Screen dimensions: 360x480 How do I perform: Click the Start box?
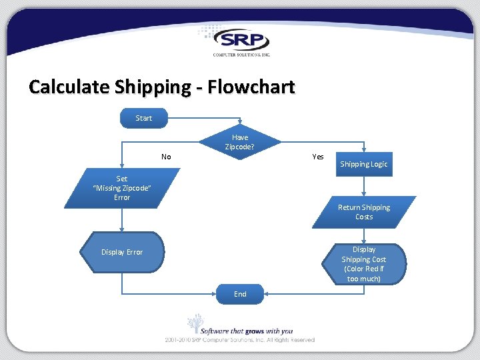tap(143, 118)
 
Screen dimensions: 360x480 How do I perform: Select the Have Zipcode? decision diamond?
tap(240, 142)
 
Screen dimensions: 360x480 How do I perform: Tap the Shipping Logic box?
tap(363, 164)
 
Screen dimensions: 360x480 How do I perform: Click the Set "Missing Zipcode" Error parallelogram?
tap(123, 188)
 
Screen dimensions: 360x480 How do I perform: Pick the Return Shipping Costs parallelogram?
tap(364, 212)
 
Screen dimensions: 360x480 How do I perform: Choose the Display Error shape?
tap(122, 252)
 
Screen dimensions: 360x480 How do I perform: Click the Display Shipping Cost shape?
tap(364, 264)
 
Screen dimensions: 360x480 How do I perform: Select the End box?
tap(240, 294)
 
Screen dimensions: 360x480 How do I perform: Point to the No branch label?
tap(166, 157)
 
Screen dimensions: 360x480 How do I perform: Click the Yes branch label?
tap(318, 157)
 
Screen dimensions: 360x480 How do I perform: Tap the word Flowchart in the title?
tap(251, 87)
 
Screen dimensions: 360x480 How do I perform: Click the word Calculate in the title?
tap(69, 87)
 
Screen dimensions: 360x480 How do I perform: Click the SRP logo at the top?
tap(241, 40)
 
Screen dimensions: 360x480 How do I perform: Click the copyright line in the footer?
tap(240, 340)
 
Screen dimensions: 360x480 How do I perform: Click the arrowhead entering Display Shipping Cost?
tap(363, 241)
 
